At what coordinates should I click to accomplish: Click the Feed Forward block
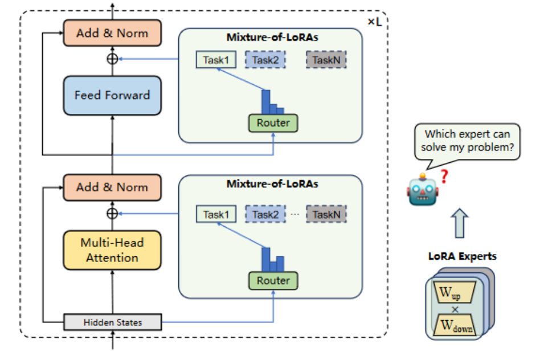[x=112, y=95]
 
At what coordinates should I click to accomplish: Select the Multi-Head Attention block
[x=112, y=250]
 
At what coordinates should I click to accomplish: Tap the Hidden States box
[x=112, y=322]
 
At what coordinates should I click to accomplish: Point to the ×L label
[x=374, y=22]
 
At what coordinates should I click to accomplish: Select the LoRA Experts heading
[x=462, y=256]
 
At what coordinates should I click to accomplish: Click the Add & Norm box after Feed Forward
[x=112, y=33]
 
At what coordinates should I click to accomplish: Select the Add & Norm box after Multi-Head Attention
[x=112, y=187]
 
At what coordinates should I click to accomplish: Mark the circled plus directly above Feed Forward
[x=112, y=59]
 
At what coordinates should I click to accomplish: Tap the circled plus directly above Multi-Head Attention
[x=112, y=214]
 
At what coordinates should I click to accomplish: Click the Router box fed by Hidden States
[x=273, y=280]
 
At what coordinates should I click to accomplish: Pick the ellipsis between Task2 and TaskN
[x=295, y=215]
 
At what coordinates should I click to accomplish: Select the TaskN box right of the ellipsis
[x=326, y=215]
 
